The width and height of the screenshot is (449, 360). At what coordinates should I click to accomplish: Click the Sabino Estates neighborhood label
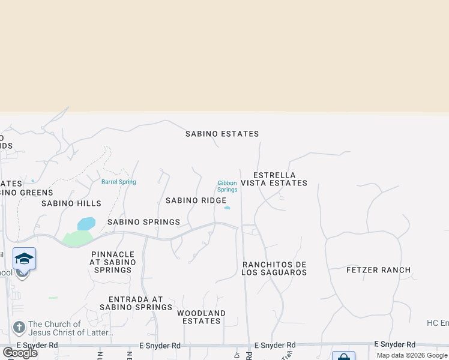point(222,134)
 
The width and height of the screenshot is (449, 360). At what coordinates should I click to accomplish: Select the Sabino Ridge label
point(196,200)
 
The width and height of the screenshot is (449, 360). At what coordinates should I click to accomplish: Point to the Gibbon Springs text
point(228,186)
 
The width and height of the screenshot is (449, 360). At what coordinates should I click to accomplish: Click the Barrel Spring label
point(118,182)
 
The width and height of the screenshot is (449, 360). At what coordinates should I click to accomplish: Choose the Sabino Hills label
point(71,203)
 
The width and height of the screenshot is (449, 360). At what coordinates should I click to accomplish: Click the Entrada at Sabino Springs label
point(136,303)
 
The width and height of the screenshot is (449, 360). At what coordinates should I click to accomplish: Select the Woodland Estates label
point(202,317)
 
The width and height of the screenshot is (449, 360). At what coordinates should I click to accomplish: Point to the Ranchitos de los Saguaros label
point(274,268)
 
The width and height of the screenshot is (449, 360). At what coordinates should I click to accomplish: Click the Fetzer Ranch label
point(379,270)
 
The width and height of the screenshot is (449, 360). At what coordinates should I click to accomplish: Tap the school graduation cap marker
point(24,259)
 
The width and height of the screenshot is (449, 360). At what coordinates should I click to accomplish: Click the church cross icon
point(19,328)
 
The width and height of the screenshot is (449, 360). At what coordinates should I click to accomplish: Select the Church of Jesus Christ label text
point(71,328)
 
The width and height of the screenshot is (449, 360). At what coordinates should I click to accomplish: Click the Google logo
point(20,352)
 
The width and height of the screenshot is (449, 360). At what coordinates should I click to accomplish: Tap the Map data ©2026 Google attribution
point(412,355)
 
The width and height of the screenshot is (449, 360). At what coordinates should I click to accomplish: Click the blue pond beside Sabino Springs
point(86,224)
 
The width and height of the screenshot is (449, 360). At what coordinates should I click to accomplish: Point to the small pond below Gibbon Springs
point(227,208)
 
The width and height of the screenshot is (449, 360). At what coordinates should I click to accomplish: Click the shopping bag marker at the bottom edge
point(343,356)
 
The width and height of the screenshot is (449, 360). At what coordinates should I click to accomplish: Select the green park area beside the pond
point(76,238)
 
